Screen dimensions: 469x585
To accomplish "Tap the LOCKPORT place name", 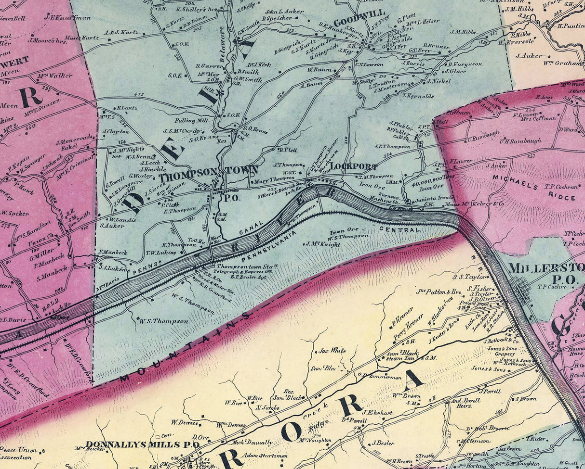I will pos(354,166).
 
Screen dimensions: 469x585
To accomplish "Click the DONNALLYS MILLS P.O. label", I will pos(142,444).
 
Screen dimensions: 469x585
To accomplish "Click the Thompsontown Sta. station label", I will pos(247,266).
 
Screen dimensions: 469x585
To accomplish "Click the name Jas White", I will pos(332,351).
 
